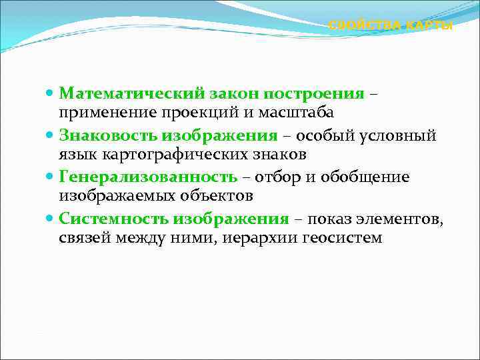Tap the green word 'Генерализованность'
tap(147, 177)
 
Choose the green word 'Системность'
tap(113, 219)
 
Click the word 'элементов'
tap(399, 219)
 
